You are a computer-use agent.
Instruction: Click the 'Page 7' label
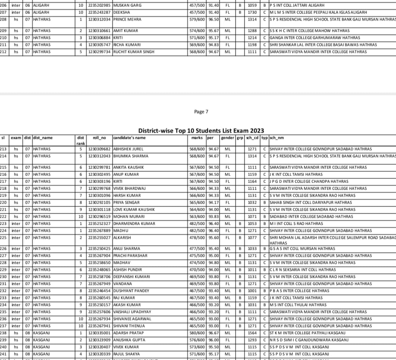(x=201, y=112)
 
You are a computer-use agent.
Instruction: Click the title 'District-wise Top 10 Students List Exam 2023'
(x=201, y=131)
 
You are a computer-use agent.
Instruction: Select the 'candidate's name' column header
(x=129, y=138)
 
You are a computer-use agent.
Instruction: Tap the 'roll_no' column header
(x=99, y=138)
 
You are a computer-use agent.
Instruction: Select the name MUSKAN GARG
(x=127, y=5)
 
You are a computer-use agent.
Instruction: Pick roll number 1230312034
(x=99, y=19)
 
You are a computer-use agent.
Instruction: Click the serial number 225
(x=3, y=238)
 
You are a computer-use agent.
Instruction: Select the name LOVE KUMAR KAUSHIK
(x=134, y=209)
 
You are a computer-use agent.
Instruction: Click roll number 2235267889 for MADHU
(x=99, y=231)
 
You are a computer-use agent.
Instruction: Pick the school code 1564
(x=252, y=333)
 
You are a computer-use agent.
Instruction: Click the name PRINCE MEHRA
(x=127, y=19)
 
